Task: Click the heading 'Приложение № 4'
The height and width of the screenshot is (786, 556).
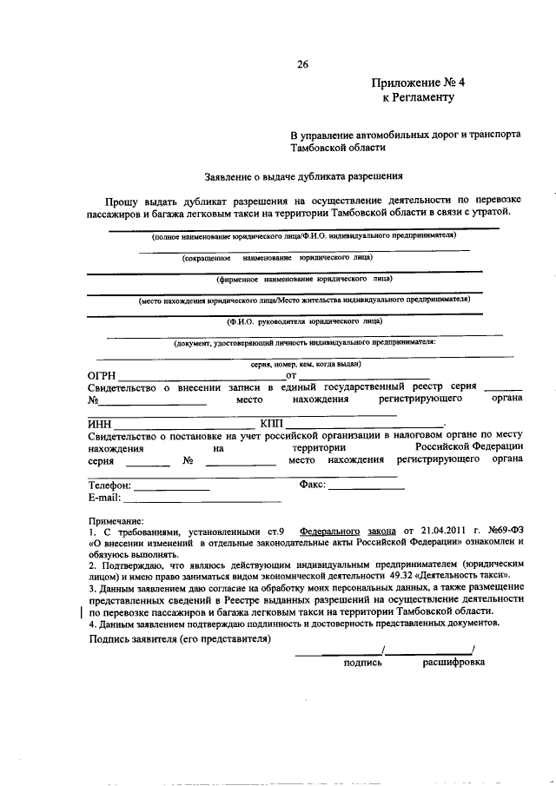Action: (419, 83)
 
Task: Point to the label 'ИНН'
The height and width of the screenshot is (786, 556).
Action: (100, 423)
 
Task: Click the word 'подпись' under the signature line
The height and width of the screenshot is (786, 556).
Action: (362, 662)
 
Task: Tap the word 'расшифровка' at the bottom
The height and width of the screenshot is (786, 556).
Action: (453, 662)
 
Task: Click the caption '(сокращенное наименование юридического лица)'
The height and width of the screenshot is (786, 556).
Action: (278, 258)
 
